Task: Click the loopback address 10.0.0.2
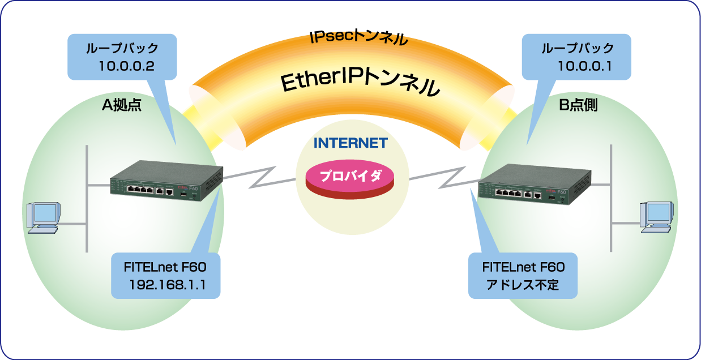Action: [x=126, y=66]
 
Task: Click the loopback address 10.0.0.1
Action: [x=584, y=66]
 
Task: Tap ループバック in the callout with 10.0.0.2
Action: [x=122, y=48]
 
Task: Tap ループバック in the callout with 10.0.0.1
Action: [x=578, y=48]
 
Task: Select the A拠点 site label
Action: [x=121, y=105]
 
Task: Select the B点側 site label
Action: [x=578, y=105]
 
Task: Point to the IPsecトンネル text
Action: [x=359, y=38]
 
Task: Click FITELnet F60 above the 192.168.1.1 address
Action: [x=165, y=267]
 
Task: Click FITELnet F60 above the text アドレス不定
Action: [x=523, y=267]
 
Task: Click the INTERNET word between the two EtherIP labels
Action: [x=350, y=143]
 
